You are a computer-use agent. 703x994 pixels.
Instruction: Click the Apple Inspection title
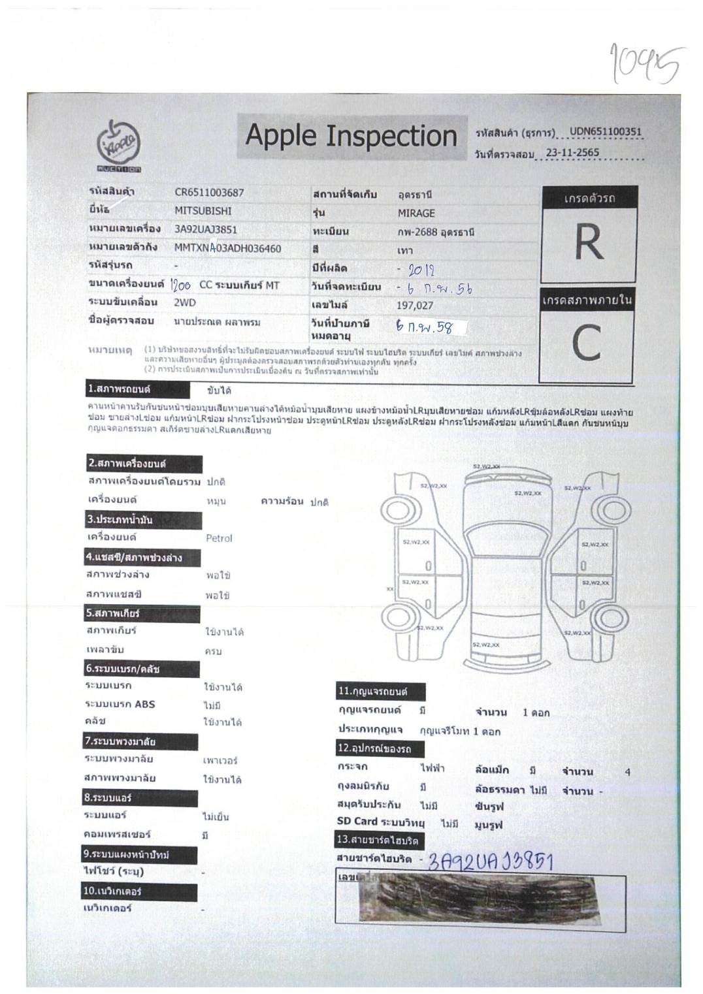pyautogui.click(x=351, y=136)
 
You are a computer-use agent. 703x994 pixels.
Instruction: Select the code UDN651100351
pyautogui.click(x=605, y=131)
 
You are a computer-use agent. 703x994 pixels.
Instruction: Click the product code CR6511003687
pyautogui.click(x=209, y=193)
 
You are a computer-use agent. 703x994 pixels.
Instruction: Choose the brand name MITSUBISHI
pyautogui.click(x=203, y=211)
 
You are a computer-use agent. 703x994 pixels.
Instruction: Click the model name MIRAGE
pyautogui.click(x=416, y=214)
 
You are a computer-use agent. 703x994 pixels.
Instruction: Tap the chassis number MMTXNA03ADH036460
pyautogui.click(x=227, y=248)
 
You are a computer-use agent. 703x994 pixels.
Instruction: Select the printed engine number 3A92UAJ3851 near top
pyautogui.click(x=206, y=229)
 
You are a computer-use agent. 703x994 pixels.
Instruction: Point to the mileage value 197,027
pyautogui.click(x=415, y=306)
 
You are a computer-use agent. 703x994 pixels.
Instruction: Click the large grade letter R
pyautogui.click(x=588, y=243)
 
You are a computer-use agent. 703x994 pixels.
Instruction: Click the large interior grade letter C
pyautogui.click(x=586, y=344)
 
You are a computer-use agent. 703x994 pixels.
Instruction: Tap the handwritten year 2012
pyautogui.click(x=421, y=270)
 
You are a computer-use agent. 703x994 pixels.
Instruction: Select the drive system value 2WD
pyautogui.click(x=185, y=302)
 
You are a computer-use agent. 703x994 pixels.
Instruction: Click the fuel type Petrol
pyautogui.click(x=219, y=538)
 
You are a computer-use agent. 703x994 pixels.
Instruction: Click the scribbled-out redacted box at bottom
pyautogui.click(x=480, y=899)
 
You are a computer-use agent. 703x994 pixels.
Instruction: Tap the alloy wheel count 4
pyautogui.click(x=627, y=772)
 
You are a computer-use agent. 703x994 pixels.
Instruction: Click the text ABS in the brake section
pyautogui.click(x=144, y=704)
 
